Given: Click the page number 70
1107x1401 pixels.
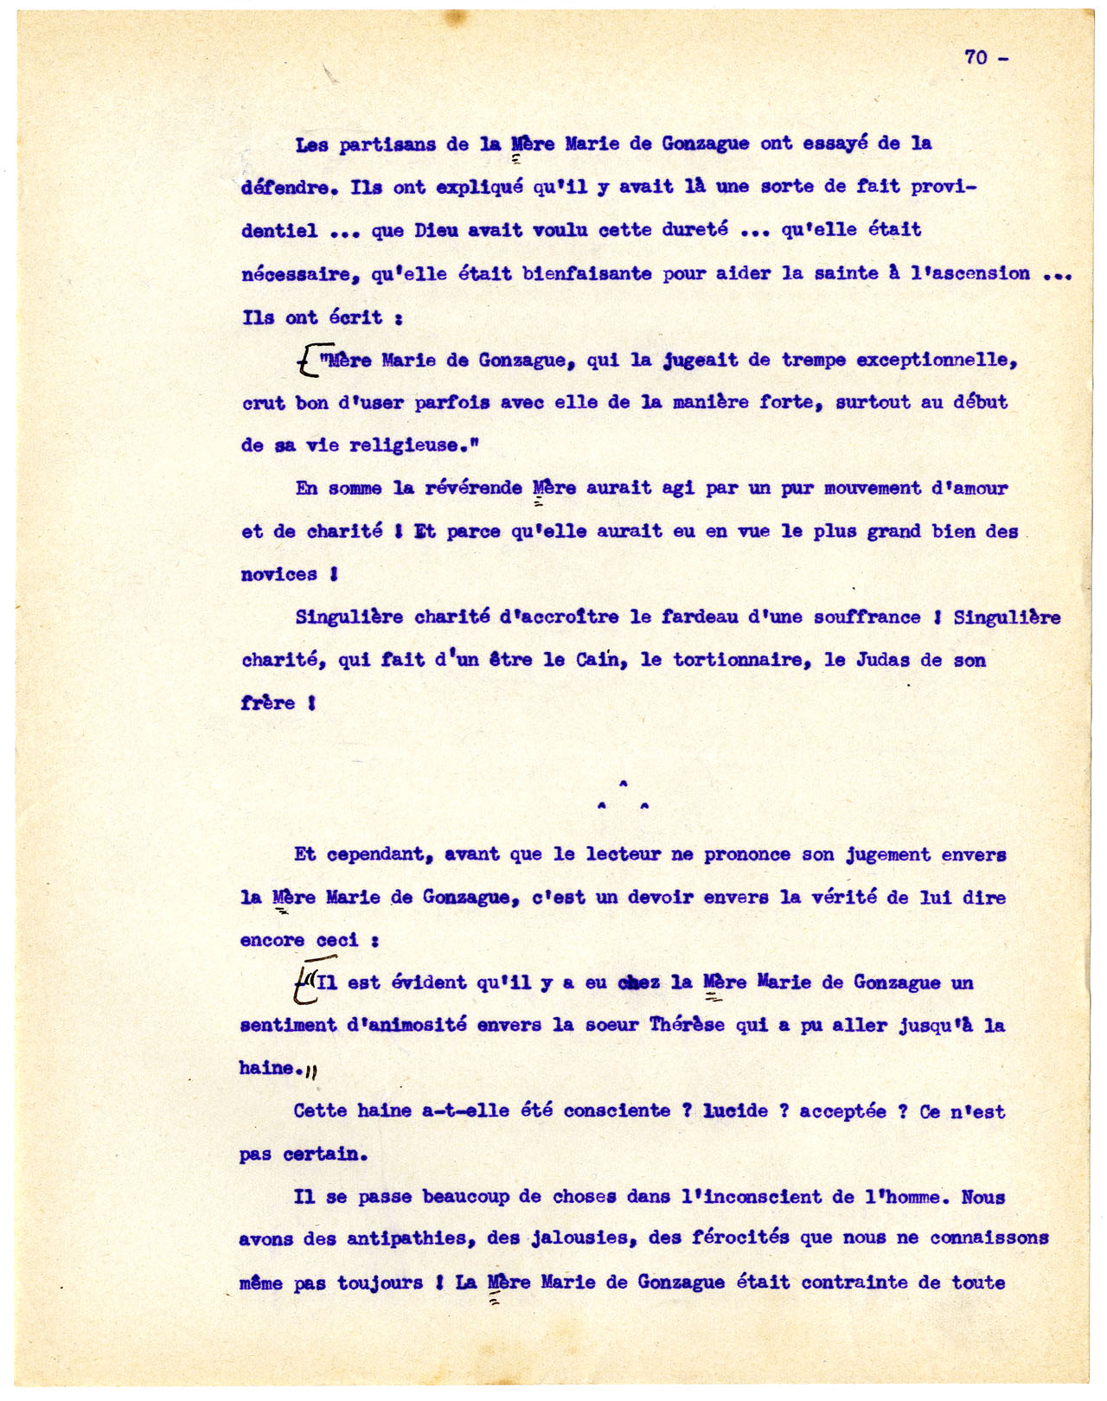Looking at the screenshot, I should [976, 57].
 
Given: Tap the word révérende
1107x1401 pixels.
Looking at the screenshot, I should [473, 489].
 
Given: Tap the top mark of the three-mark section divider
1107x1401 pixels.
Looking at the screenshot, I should [623, 784].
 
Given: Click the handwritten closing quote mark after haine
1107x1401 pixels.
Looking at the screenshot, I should [313, 1072].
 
